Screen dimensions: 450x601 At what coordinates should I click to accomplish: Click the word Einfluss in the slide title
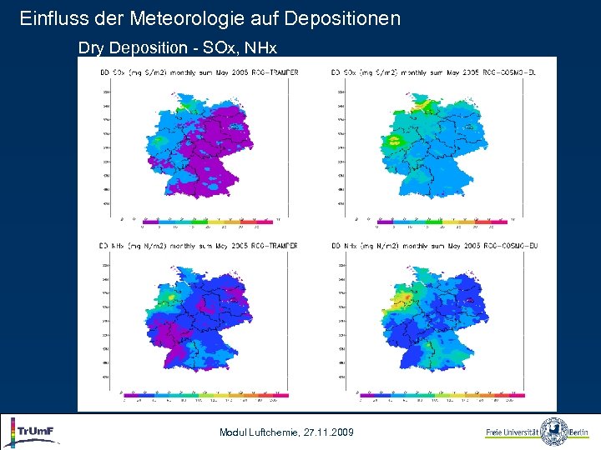coord(46,17)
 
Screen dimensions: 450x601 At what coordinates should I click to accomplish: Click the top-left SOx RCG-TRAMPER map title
coord(199,72)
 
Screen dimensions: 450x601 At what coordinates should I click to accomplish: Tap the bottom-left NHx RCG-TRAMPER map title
coord(199,246)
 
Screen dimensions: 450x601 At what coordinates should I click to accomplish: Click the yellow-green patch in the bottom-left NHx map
coord(171,296)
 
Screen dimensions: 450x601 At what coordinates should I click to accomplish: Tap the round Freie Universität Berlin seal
coord(553,432)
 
